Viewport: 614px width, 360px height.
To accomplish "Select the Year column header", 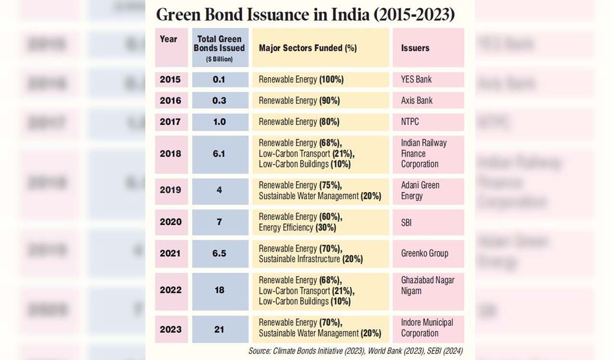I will coord(168,39).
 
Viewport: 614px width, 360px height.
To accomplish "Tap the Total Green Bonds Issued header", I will coord(219,47).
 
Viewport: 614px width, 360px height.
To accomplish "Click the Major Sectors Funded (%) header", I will coord(307,48).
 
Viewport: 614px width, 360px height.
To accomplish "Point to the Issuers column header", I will coord(415,48).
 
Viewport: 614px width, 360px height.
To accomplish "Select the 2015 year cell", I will coord(170,80).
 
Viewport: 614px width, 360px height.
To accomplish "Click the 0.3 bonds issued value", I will coord(219,101).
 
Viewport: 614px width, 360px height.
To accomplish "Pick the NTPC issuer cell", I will coord(410,122).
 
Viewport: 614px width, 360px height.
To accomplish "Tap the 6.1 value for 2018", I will coord(219,154).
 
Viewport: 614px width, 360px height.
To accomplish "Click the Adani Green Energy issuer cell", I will coord(420,191).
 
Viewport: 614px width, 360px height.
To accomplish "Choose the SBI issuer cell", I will coord(406,222).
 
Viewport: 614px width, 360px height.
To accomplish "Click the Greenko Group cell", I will coord(425,253).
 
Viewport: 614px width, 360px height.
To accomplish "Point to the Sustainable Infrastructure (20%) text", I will coord(311,259).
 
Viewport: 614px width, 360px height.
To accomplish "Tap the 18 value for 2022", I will coord(219,290).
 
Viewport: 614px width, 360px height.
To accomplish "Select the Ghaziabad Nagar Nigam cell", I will coord(427,286).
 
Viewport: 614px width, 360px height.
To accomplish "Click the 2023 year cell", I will coord(170,329).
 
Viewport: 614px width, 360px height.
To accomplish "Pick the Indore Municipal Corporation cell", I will coord(427,328).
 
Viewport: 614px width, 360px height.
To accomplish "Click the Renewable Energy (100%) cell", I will coord(301,80).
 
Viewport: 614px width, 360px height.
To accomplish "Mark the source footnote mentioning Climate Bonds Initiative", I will coord(355,351).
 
